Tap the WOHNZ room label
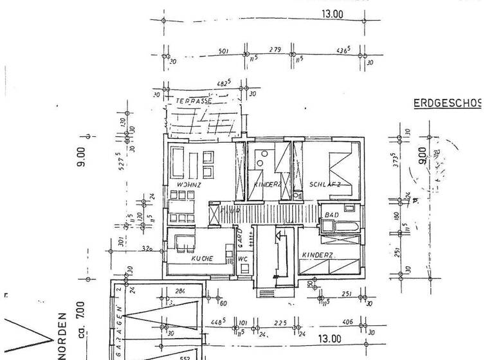click(x=189, y=185)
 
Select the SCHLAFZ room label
click(x=325, y=184)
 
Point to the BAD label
click(x=332, y=214)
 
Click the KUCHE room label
click(x=202, y=258)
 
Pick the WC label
click(x=242, y=260)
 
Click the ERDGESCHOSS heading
click(x=446, y=103)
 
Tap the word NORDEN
click(x=63, y=336)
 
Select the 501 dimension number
click(x=224, y=51)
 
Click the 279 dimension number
click(x=275, y=50)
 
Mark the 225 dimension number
click(x=280, y=323)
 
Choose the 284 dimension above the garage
click(x=180, y=292)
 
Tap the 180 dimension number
click(x=396, y=218)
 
